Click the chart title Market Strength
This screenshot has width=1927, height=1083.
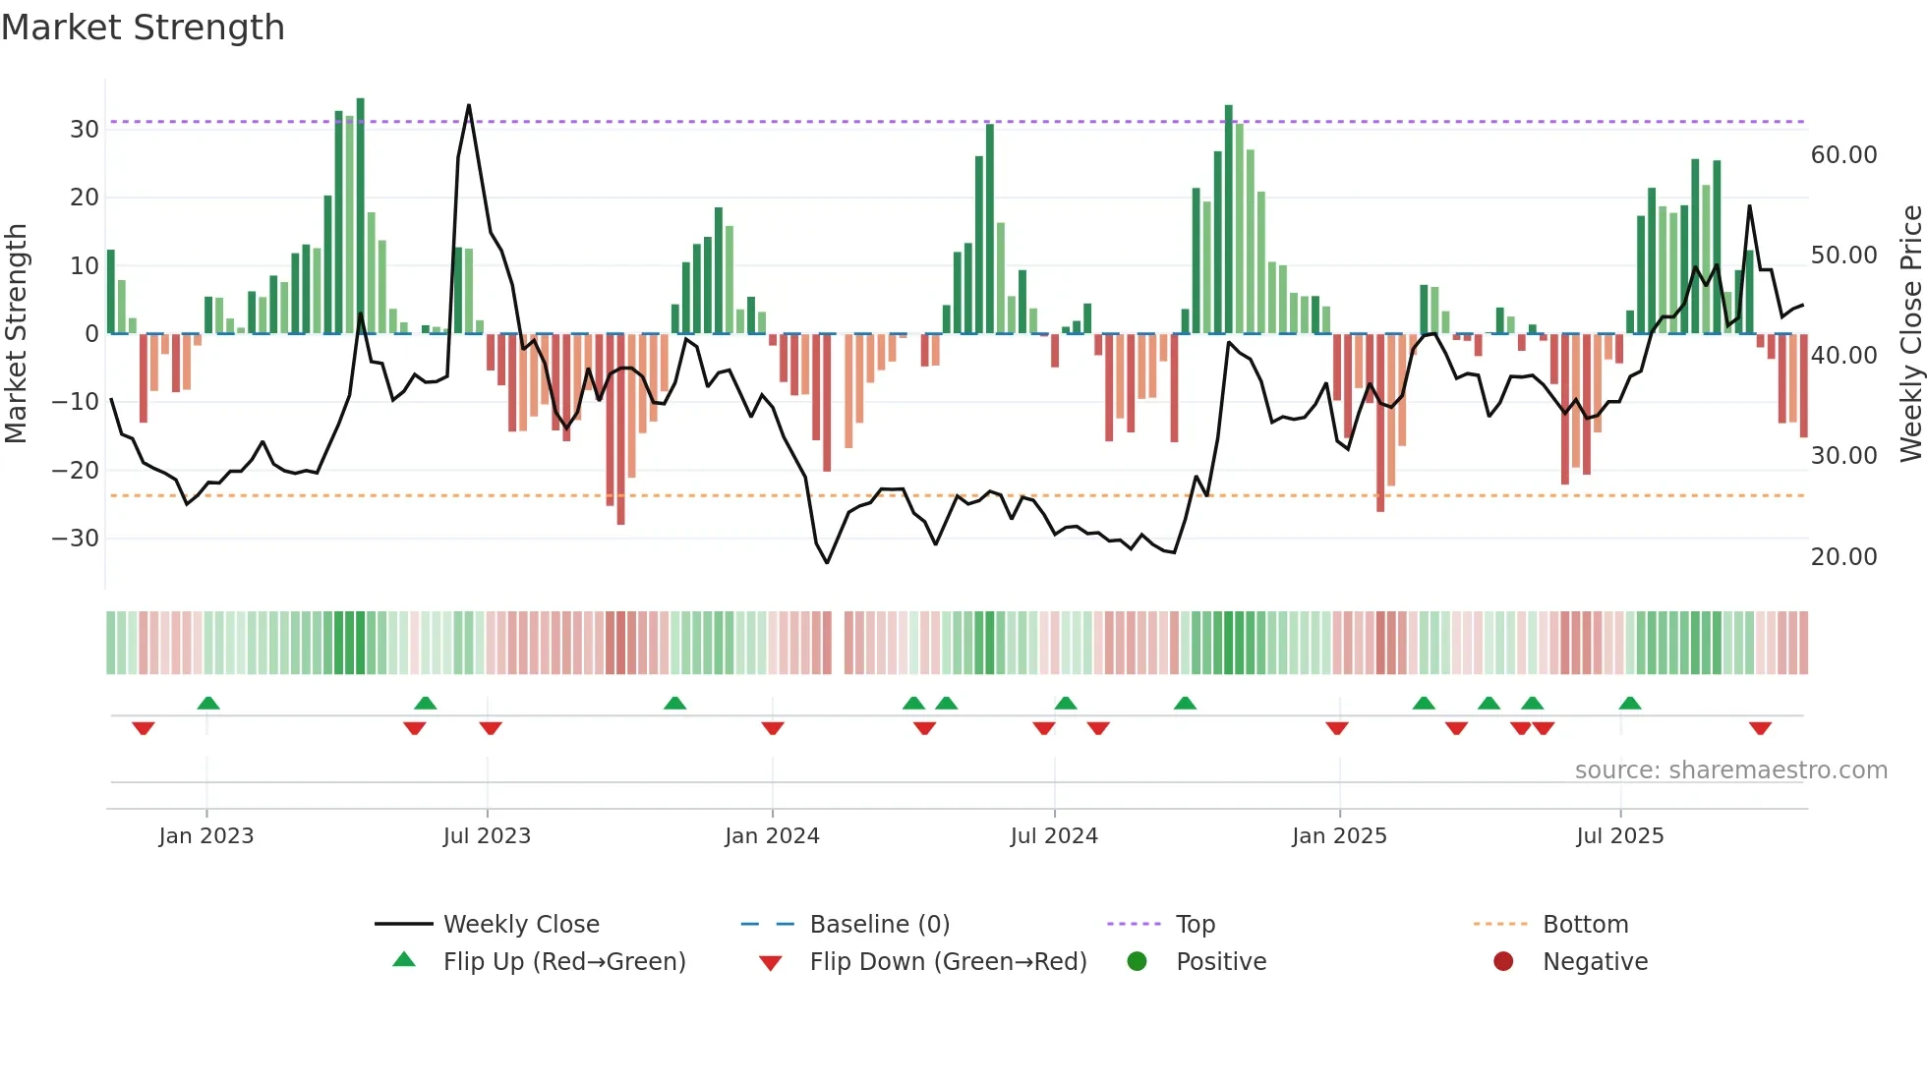143,28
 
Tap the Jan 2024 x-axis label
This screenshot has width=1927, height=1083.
772,836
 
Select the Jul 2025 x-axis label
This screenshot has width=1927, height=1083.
1619,836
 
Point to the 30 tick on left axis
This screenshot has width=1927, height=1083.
85,130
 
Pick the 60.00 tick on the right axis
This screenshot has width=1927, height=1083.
1843,155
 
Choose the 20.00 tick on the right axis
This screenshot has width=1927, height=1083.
1843,557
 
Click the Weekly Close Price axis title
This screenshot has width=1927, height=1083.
1910,334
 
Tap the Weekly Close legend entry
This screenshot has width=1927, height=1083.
521,925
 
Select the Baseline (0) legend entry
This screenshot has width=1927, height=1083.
879,925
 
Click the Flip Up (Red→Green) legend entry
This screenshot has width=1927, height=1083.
563,962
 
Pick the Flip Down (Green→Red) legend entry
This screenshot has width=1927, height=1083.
948,962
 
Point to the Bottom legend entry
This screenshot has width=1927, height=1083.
1585,925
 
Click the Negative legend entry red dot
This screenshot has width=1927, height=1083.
1503,962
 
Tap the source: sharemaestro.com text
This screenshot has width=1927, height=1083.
1730,770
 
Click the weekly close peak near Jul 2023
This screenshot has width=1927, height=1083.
469,105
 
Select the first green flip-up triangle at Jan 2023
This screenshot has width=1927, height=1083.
208,703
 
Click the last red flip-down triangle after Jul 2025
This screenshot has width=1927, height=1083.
1760,728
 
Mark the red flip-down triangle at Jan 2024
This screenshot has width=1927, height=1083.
773,728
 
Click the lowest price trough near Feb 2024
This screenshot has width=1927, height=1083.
827,562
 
